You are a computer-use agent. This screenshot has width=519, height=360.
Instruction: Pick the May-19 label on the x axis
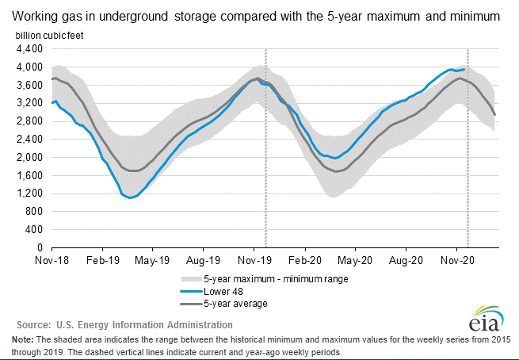[x=152, y=259]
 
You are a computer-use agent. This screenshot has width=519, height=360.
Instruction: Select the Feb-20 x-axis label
[x=304, y=259]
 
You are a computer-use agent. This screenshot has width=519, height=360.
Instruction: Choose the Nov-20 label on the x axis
[x=457, y=259]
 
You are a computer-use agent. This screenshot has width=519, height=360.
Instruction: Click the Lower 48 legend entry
[x=225, y=291]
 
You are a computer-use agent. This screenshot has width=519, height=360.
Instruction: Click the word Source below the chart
[x=35, y=324]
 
